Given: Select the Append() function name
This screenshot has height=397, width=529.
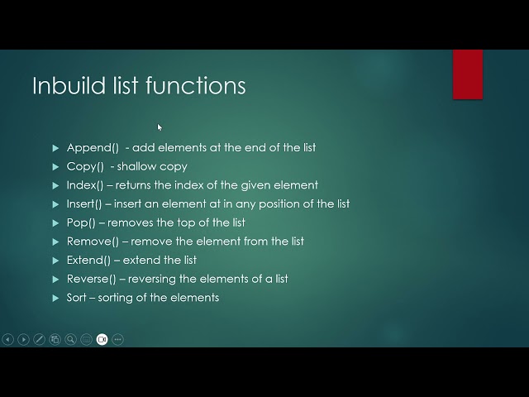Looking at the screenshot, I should [93, 147].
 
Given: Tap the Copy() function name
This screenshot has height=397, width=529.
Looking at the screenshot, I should [85, 166].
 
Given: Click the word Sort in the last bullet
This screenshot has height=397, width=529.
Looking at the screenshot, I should [76, 297].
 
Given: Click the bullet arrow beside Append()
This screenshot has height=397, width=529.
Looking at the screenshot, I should [56, 148].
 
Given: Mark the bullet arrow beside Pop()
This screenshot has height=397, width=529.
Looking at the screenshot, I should [56, 222].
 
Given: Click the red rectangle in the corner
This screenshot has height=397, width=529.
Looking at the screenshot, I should [468, 74].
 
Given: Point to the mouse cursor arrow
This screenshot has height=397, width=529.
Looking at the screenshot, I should [160, 127].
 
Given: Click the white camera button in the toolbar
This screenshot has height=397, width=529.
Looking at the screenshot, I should [102, 339].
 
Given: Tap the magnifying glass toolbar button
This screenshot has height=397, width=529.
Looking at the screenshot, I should [71, 339].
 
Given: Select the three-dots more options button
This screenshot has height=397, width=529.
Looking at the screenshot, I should [118, 339].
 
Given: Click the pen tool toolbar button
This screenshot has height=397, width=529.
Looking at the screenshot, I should [40, 339].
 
